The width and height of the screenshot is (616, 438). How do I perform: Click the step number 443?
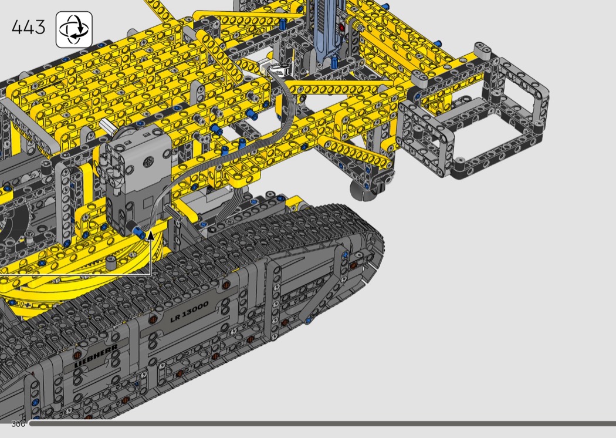(28, 28)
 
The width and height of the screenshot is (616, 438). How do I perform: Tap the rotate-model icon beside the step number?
(75, 29)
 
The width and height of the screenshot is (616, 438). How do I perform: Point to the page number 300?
(18, 424)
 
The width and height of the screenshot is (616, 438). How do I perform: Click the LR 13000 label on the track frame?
(189, 312)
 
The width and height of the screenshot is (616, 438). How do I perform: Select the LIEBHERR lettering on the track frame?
(96, 356)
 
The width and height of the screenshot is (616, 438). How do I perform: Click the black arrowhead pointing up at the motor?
(150, 236)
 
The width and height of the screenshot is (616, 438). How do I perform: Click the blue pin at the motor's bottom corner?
(138, 232)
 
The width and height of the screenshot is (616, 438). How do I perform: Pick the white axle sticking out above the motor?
(106, 125)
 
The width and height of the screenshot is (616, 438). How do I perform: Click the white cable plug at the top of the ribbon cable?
(280, 70)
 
